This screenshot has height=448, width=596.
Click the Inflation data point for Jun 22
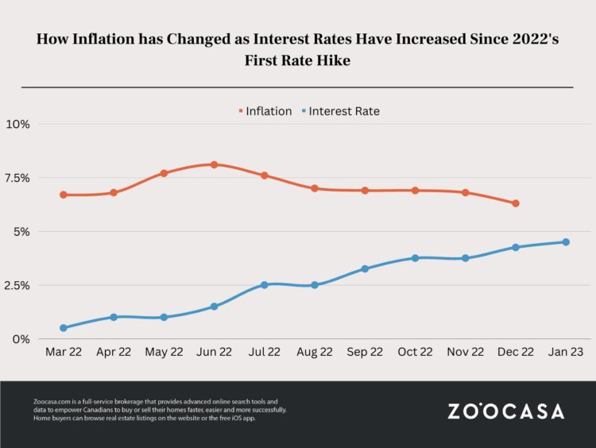[x=215, y=164]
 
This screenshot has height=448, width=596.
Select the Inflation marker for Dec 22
[x=516, y=203]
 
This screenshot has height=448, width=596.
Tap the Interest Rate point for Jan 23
[x=566, y=242]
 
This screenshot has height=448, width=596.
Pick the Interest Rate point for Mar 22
[x=64, y=327]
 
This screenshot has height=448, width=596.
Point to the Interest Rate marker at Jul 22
[x=265, y=284]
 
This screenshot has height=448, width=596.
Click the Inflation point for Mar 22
[x=64, y=195]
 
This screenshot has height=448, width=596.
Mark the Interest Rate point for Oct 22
[x=415, y=258]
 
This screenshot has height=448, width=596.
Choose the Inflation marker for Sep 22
[x=365, y=191]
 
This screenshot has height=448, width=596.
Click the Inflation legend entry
[x=265, y=111]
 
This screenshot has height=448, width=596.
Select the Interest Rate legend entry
[x=342, y=111]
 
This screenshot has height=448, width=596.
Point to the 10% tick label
[x=18, y=124]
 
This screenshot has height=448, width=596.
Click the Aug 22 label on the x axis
[x=315, y=353]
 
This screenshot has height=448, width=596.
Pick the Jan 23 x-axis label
[x=566, y=353]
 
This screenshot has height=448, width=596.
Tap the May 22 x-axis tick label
[x=164, y=353]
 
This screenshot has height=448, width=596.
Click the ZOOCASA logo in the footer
[x=506, y=411]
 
